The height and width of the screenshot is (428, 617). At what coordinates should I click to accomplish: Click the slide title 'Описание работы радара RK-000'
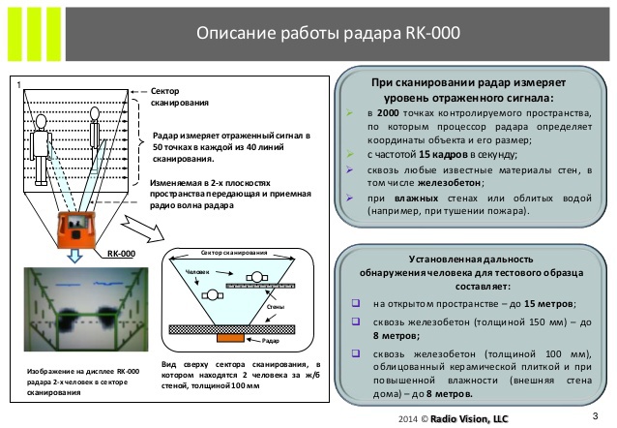327,34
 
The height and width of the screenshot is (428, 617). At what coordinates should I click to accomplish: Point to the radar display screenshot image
81,310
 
